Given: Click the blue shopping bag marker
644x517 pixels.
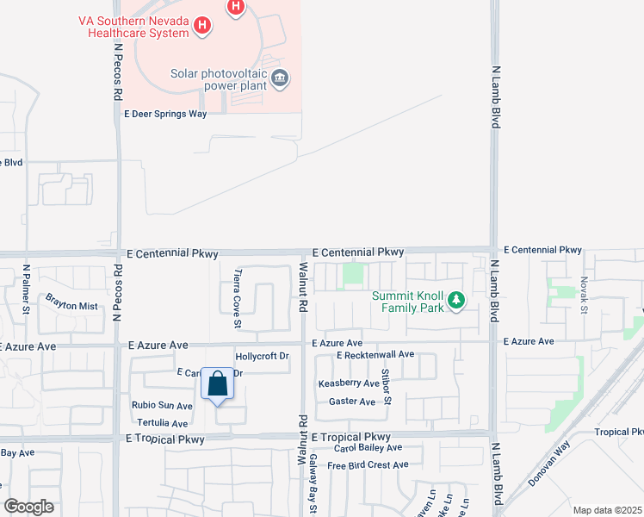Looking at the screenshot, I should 218,385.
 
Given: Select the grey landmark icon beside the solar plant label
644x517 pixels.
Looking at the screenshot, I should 280,79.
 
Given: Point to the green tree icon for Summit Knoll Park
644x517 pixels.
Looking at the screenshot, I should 457,301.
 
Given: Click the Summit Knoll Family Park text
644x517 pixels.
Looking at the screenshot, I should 408,302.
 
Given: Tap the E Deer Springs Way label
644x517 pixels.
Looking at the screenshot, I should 165,114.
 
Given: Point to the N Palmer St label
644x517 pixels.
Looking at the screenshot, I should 27,289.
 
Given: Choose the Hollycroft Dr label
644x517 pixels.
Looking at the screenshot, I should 262,356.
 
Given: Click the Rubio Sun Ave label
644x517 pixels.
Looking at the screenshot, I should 162,405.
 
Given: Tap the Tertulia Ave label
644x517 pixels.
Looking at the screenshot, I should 160,423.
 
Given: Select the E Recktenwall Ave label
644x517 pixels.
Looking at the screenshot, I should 375,354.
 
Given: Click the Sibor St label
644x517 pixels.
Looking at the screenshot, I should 387,387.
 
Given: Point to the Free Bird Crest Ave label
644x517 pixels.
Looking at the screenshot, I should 367,465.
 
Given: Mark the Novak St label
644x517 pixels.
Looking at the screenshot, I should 583,294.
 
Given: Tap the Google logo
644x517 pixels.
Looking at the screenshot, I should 28,506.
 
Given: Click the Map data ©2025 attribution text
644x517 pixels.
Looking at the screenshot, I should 606,510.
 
